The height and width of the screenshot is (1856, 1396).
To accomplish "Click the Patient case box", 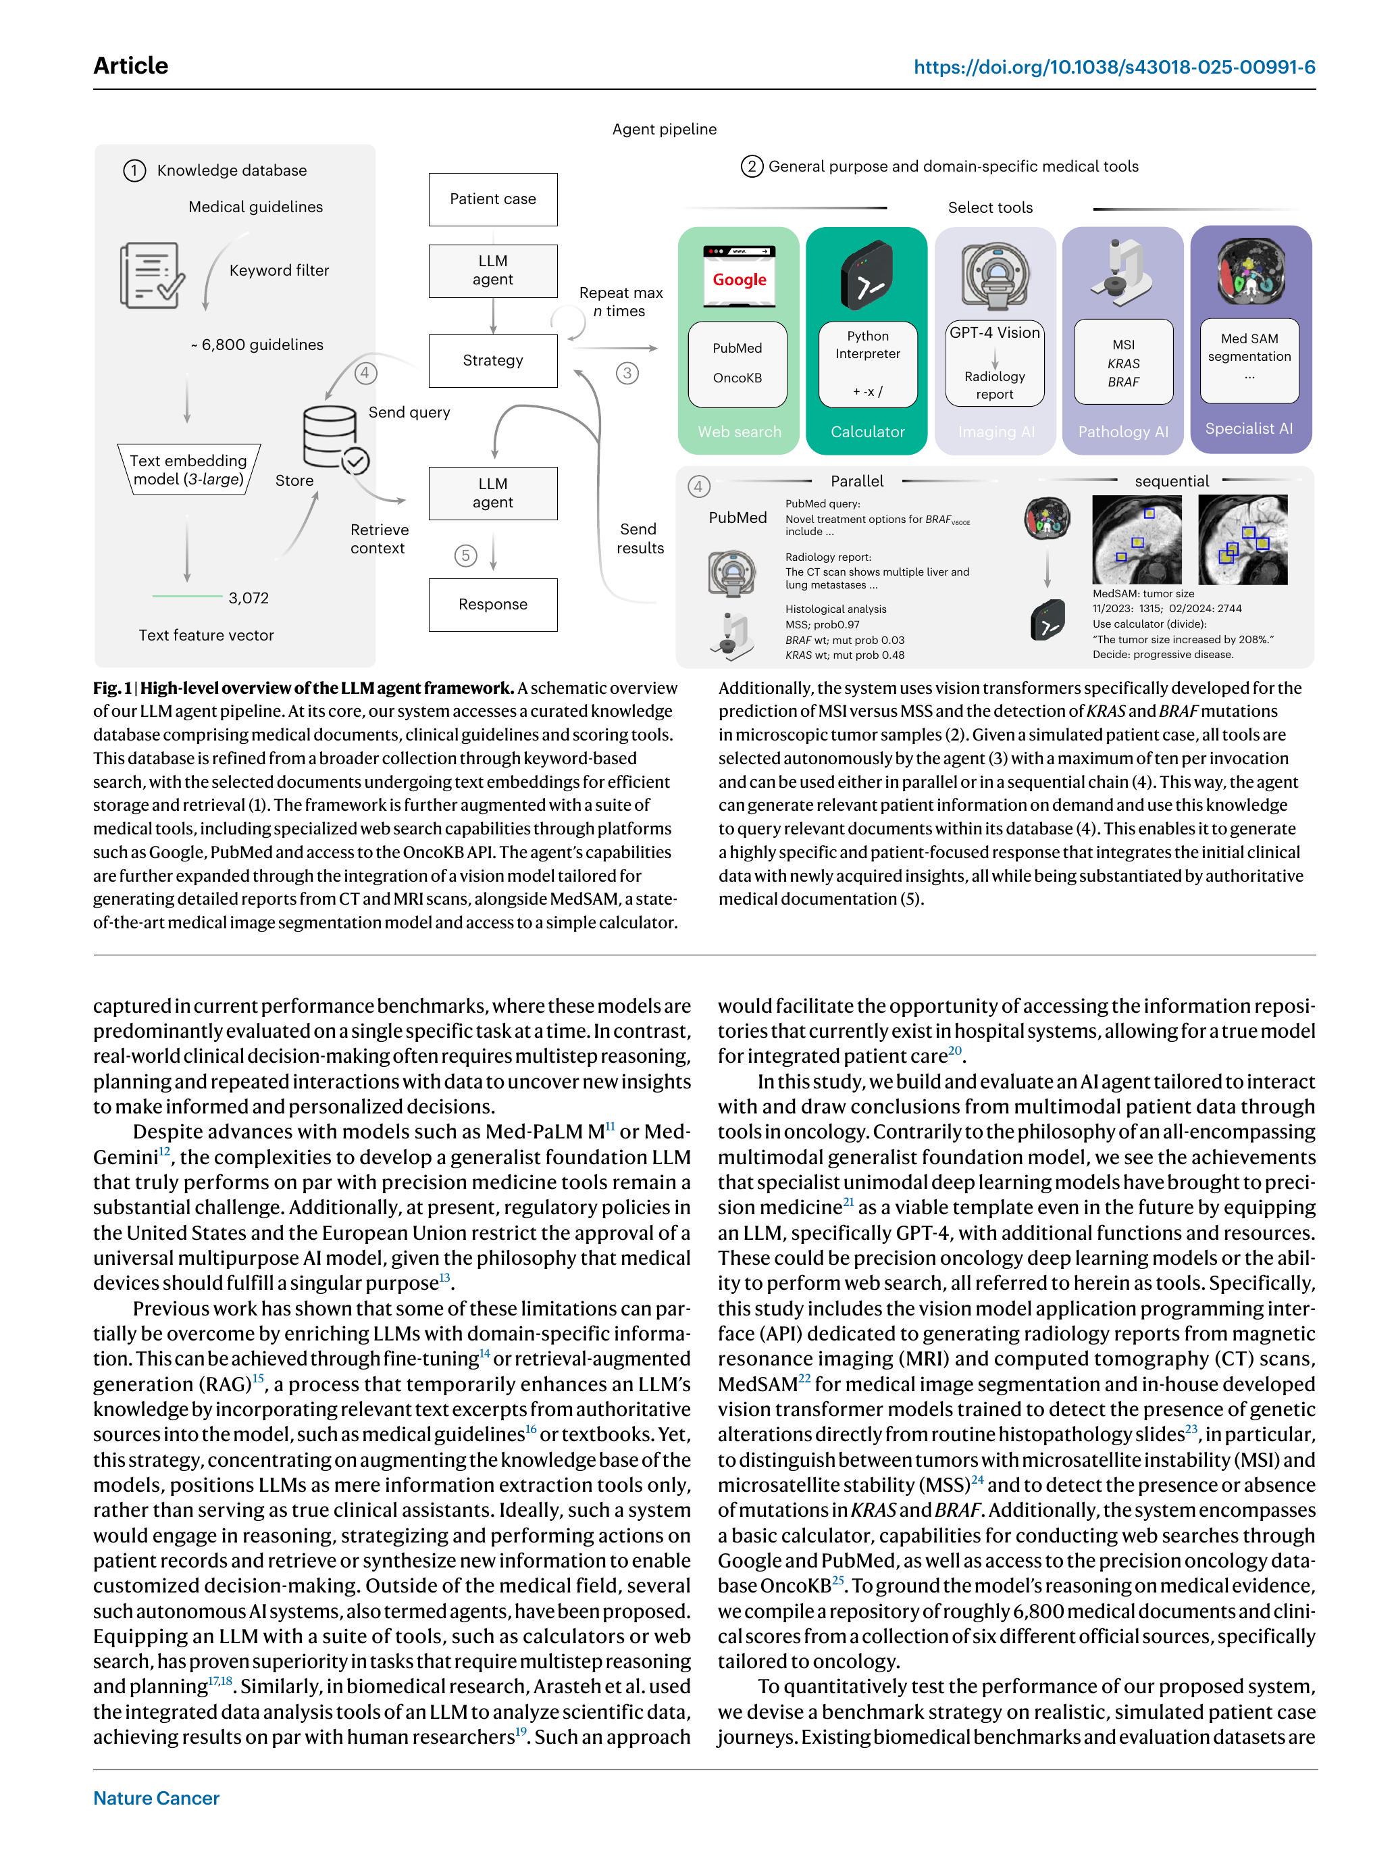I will coord(492,199).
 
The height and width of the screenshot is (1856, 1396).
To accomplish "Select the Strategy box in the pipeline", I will coord(492,361).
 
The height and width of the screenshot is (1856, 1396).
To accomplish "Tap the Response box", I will coord(492,604).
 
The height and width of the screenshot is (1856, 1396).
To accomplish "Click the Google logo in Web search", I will coord(739,280).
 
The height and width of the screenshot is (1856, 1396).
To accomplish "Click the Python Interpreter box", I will coord(867,363).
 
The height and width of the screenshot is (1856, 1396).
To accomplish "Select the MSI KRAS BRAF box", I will coord(1122,362).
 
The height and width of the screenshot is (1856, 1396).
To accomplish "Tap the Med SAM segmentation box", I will coord(1249,359).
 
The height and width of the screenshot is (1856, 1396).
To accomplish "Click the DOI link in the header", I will coord(1114,67).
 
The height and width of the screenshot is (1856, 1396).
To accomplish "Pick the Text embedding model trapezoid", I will coord(188,470).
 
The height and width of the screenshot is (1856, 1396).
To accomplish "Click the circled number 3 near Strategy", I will coord(627,374).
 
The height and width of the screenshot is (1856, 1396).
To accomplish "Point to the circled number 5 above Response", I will coord(465,555).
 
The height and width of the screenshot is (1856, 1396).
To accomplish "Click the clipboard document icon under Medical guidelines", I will coord(152,274).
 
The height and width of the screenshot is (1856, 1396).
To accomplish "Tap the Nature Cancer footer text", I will coord(156,1798).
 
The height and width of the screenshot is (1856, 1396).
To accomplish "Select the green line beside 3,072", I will coord(187,597).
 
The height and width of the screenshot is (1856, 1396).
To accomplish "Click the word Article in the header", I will coord(131,66).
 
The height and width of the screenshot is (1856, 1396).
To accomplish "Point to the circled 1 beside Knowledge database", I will coord(134,171).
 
